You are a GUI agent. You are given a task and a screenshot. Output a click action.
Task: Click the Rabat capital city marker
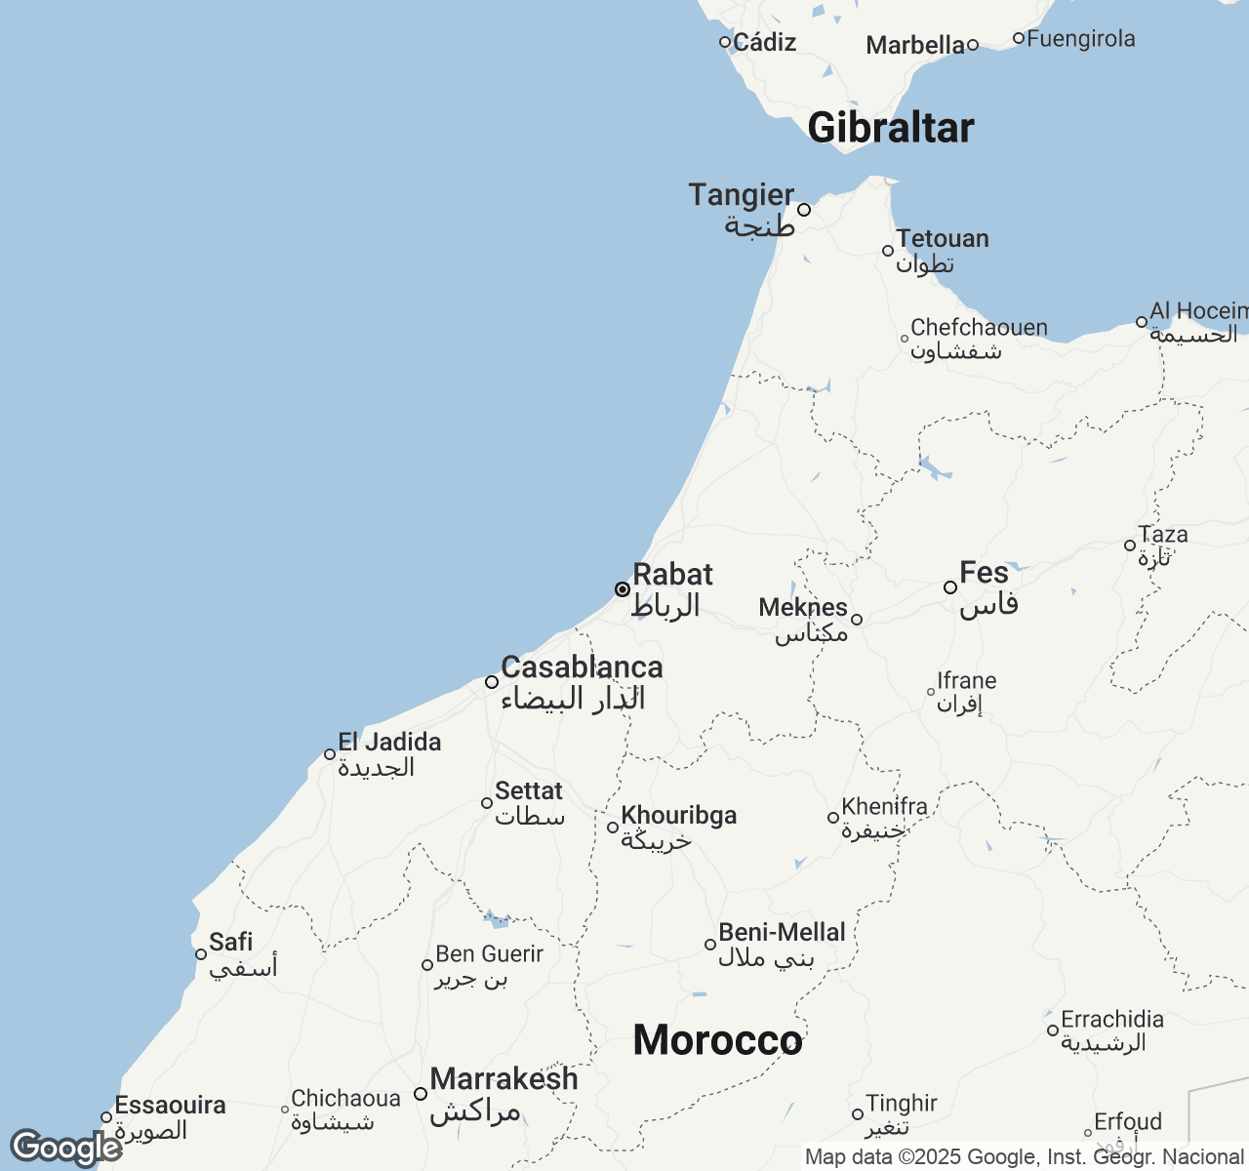tap(622, 589)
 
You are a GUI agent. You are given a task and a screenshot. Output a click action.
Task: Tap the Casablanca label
tap(582, 667)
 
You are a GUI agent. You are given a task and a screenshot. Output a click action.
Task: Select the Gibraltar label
tap(890, 128)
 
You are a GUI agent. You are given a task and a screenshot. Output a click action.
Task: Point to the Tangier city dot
tap(804, 210)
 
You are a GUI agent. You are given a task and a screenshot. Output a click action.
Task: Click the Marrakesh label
tap(504, 1079)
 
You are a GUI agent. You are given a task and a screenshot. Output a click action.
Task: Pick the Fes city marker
tap(949, 587)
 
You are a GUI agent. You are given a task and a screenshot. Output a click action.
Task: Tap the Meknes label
tap(802, 607)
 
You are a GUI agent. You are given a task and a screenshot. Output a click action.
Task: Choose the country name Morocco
tap(717, 1040)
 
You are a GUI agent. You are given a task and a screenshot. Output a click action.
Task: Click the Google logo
tap(65, 1148)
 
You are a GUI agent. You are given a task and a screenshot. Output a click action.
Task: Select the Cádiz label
tap(764, 42)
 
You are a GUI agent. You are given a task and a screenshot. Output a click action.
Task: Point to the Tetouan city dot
tap(888, 251)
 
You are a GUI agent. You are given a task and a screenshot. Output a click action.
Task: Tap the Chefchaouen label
tap(979, 328)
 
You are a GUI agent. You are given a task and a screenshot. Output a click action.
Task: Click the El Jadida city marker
tap(330, 754)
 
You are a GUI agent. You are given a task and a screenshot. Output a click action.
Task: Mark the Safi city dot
tap(201, 954)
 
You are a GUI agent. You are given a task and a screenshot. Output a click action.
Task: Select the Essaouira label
tap(170, 1106)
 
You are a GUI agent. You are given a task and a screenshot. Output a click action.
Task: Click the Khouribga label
tap(679, 816)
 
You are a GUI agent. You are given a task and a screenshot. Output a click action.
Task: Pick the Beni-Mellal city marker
tap(710, 945)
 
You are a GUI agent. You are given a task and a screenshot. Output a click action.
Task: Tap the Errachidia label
tap(1111, 1020)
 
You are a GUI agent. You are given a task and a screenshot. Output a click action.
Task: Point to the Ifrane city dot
tap(931, 692)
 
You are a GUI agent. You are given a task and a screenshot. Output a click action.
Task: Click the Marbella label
tap(914, 45)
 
